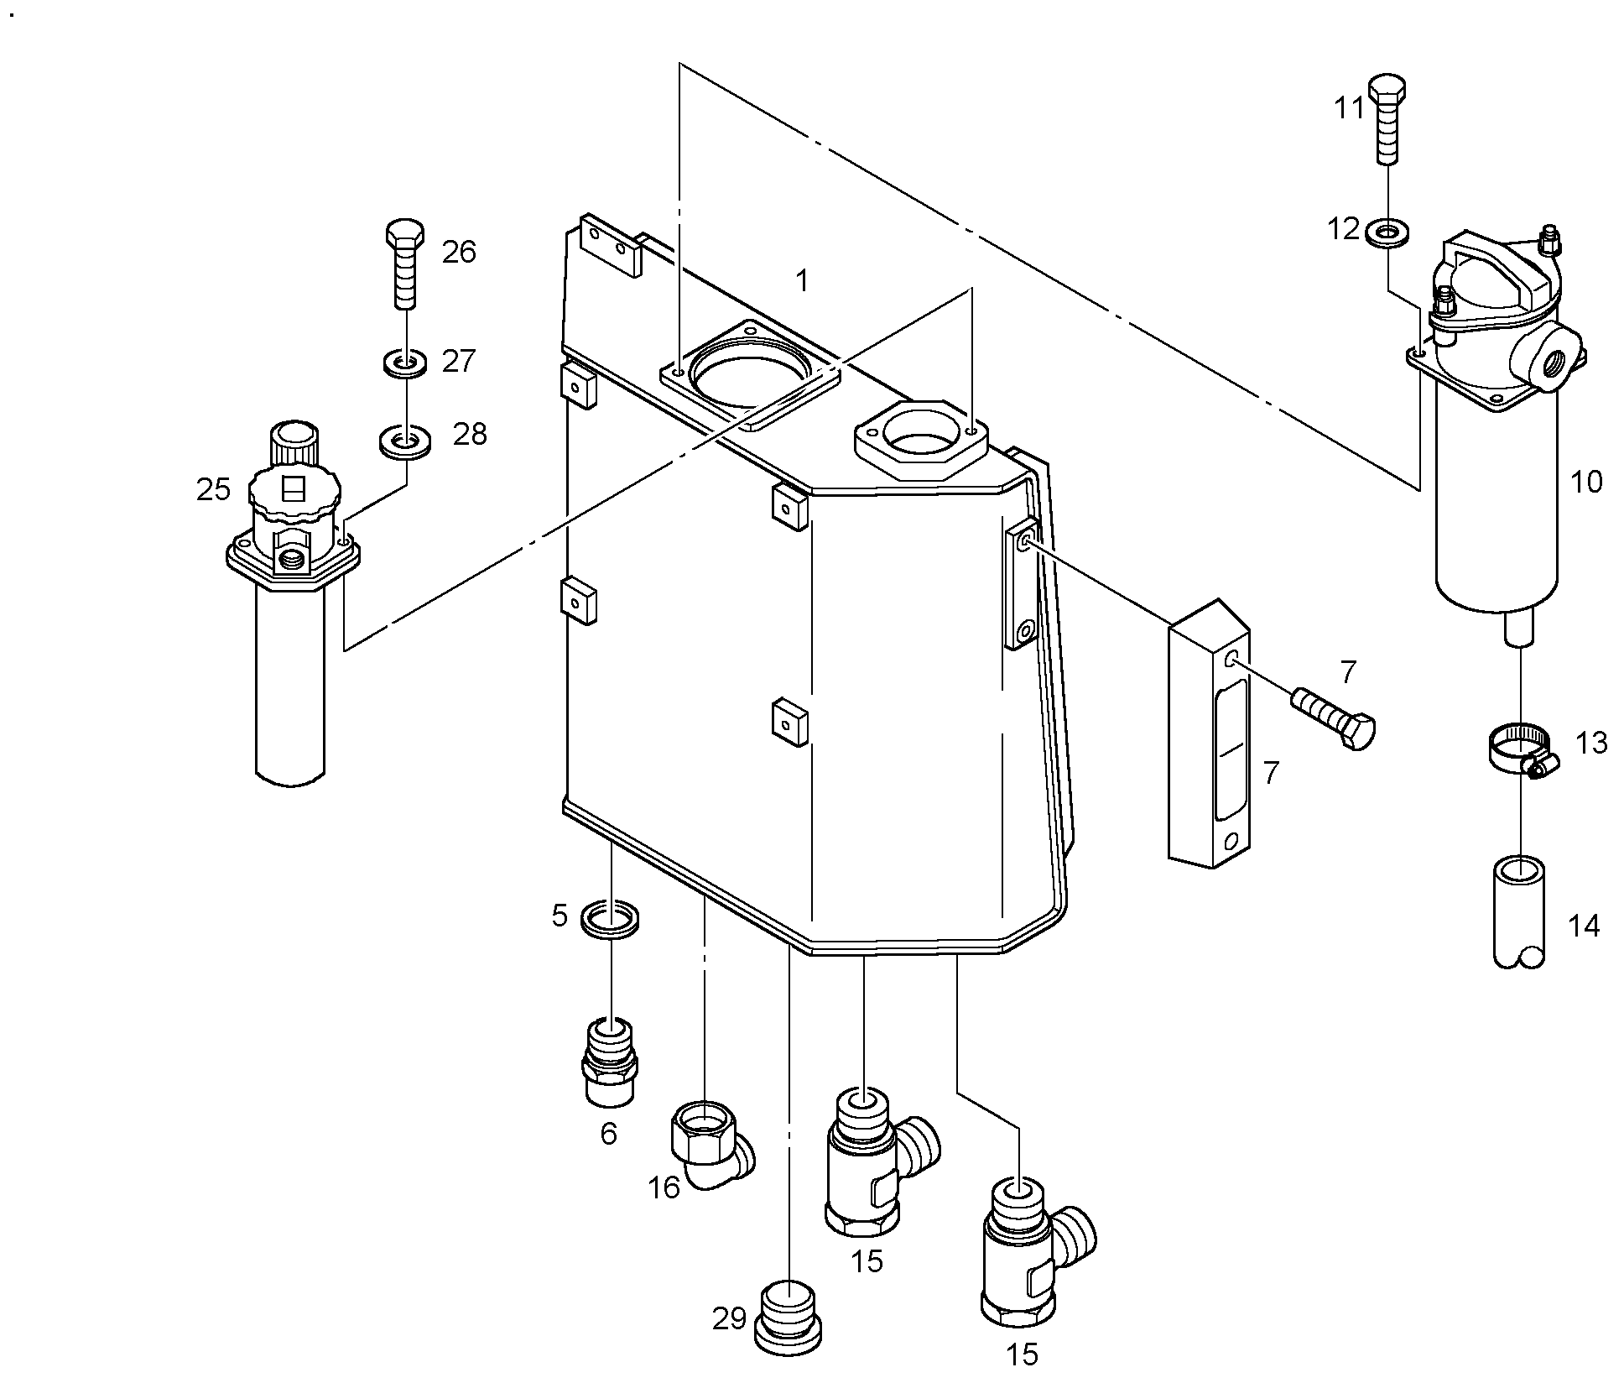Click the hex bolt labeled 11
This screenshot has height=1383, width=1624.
pyautogui.click(x=1388, y=119)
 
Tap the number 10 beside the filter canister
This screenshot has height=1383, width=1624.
pyautogui.click(x=1585, y=483)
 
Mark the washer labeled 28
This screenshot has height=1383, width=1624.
pyautogui.click(x=406, y=441)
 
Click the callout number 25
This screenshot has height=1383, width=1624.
pyautogui.click(x=213, y=489)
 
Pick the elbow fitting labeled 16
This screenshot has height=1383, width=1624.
pyautogui.click(x=713, y=1144)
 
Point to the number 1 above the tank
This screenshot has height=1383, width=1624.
pyautogui.click(x=802, y=281)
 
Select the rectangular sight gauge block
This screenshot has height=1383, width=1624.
pyautogui.click(x=1209, y=733)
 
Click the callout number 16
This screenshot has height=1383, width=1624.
pyautogui.click(x=664, y=1187)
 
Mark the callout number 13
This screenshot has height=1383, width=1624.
pyautogui.click(x=1591, y=744)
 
